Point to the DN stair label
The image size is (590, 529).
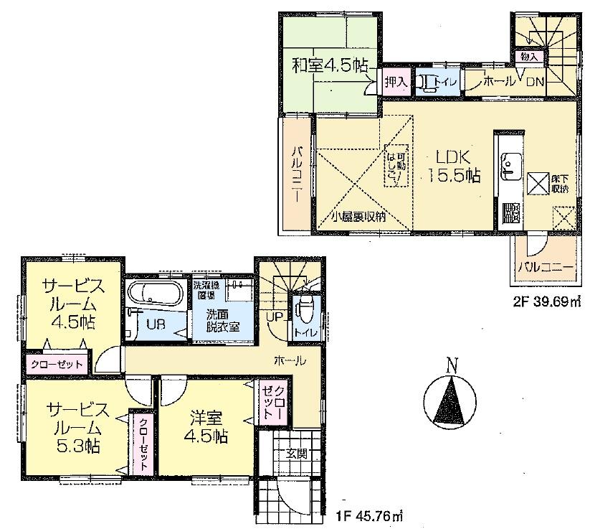tap(536, 82)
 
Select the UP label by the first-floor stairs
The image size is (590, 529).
tap(273, 316)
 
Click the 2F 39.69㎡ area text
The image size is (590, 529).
tap(546, 302)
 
